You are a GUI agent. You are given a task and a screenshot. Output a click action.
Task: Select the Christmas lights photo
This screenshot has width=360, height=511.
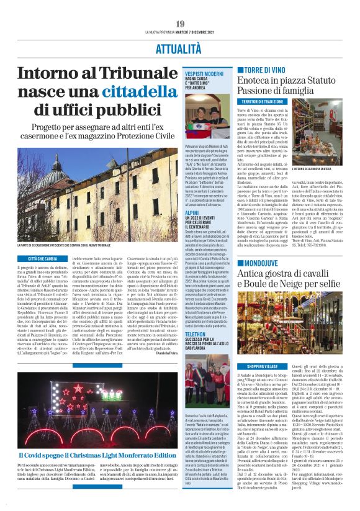(92, 423)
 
